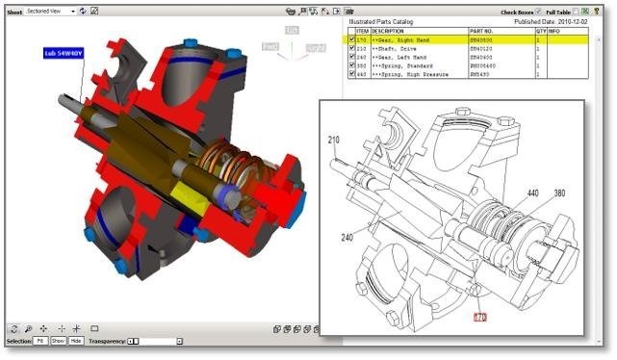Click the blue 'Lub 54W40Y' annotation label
(x=63, y=55)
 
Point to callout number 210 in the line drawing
(x=334, y=141)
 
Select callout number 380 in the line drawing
(x=559, y=193)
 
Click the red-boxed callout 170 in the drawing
(x=482, y=316)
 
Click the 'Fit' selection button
(x=40, y=341)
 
